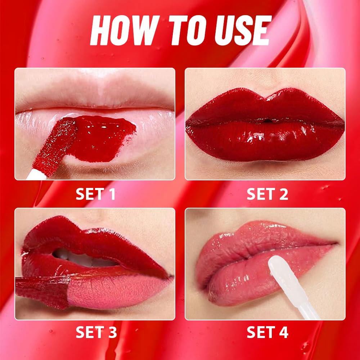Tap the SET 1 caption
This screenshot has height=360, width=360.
tap(95, 194)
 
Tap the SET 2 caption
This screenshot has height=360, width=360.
tap(267, 194)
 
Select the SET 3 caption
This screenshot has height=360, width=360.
tap(96, 333)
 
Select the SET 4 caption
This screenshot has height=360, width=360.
tap(267, 333)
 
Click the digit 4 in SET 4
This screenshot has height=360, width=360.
tap(284, 333)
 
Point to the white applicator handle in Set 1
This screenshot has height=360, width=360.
tap(34, 173)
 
